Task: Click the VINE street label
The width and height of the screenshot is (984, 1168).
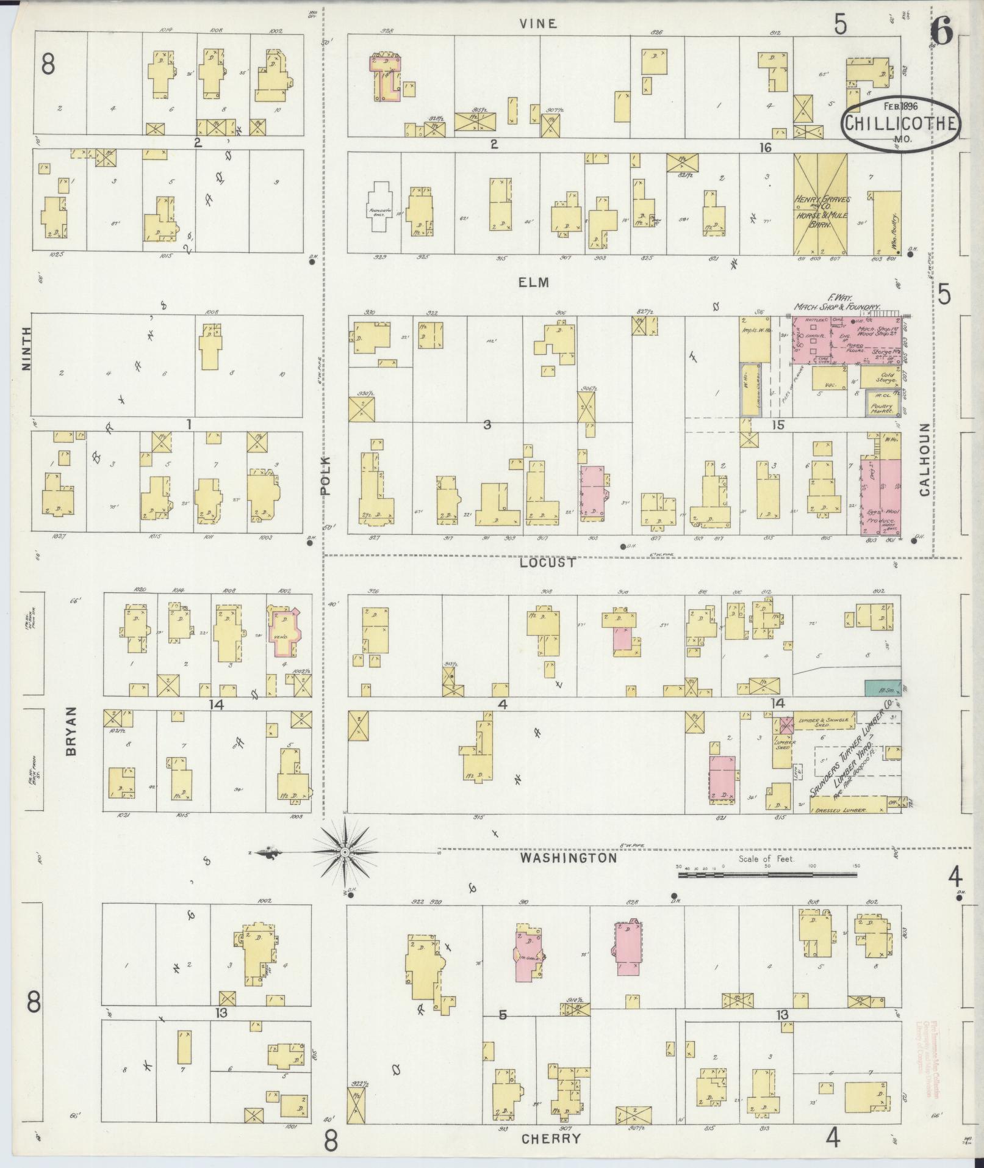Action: click(x=538, y=24)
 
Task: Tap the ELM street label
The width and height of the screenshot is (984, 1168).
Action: click(x=534, y=283)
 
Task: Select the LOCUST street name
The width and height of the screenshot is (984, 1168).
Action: click(x=547, y=563)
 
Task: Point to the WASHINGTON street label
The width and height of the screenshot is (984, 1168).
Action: click(x=569, y=858)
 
